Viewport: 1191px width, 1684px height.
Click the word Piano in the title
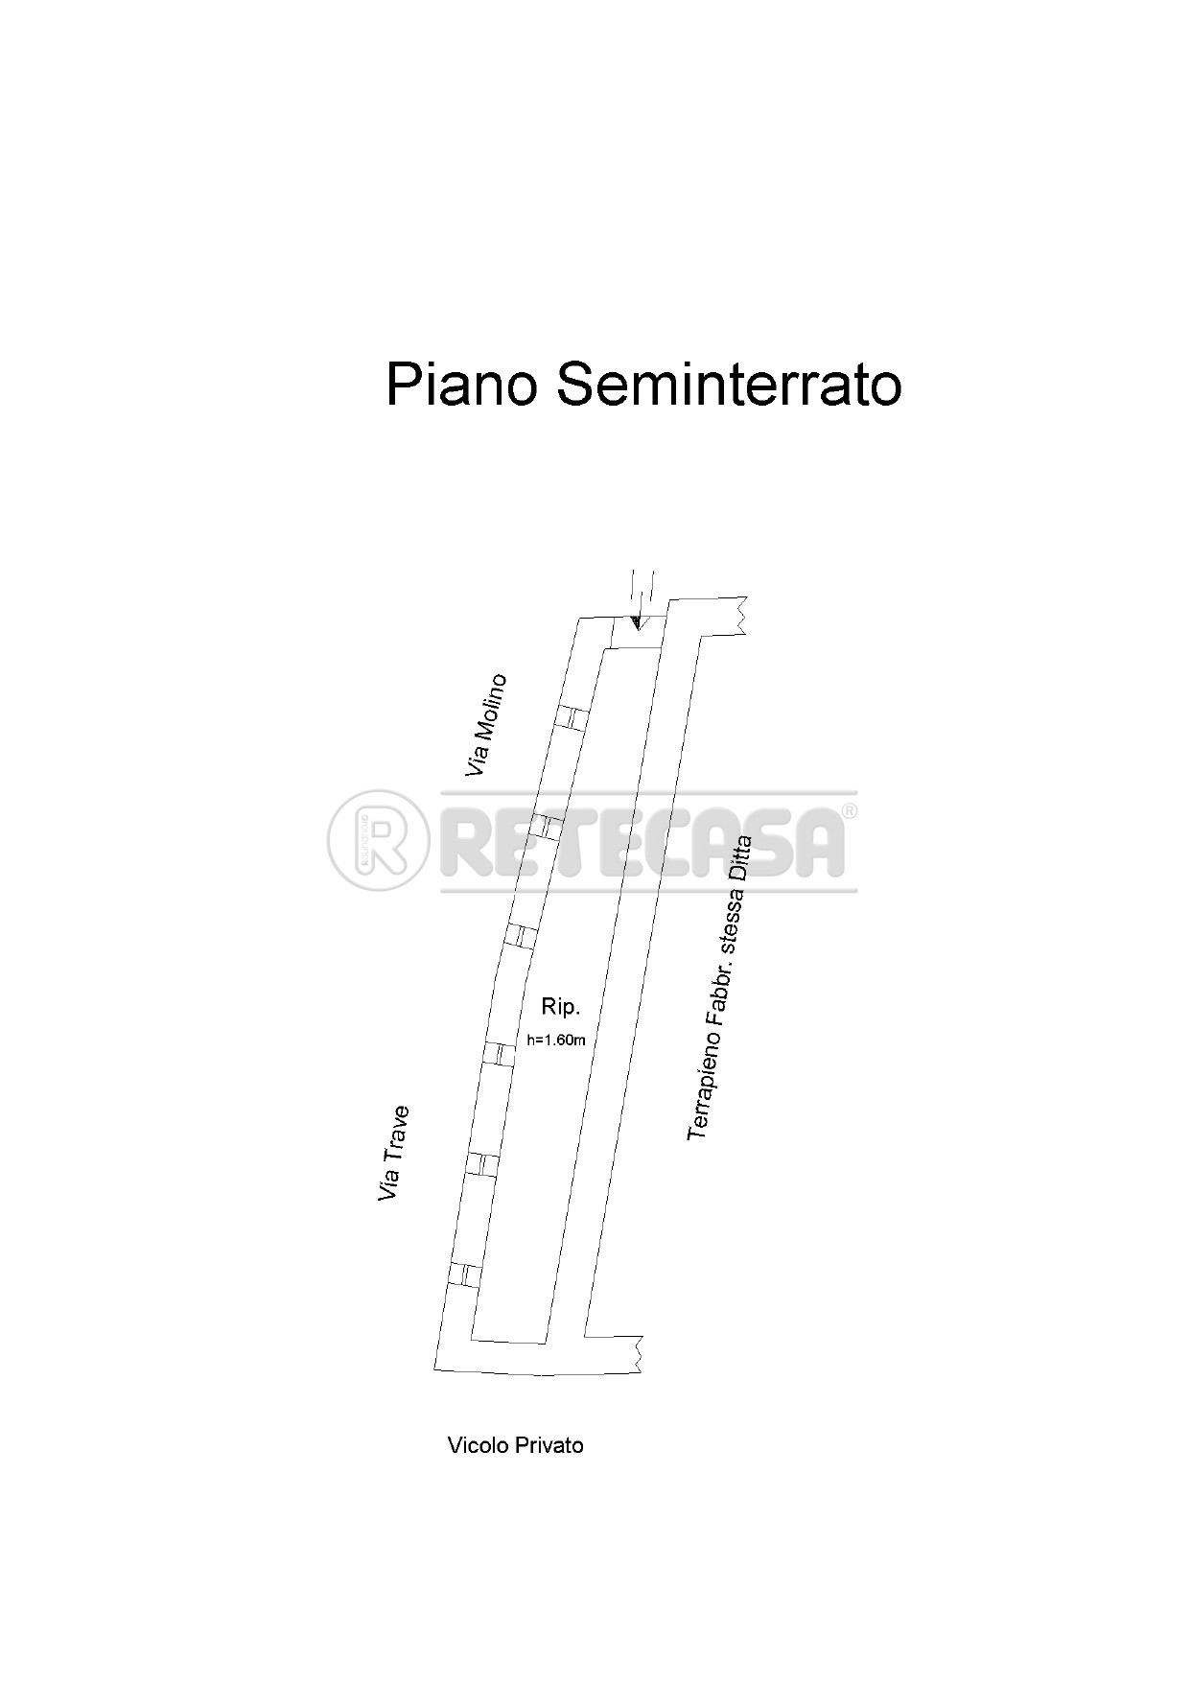pos(459,386)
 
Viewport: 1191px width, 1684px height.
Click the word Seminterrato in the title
pos(728,386)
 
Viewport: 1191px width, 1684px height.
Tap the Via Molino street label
pos(486,725)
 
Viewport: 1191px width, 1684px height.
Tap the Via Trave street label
pos(394,1154)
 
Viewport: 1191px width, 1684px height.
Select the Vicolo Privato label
pos(515,1445)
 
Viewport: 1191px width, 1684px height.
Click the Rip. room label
pos(561,1007)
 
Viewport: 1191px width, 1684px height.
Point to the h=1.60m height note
pos(556,1039)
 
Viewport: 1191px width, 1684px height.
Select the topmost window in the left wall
pos(572,717)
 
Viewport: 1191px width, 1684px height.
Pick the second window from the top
pos(547,826)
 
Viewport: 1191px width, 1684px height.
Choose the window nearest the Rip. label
pos(498,1053)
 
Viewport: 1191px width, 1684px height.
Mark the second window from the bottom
pos(482,1163)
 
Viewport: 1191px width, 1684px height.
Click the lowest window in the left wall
pos(463,1274)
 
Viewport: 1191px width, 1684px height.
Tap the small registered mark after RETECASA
pos(849,811)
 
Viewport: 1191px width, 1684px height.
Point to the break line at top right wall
pos(740,615)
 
